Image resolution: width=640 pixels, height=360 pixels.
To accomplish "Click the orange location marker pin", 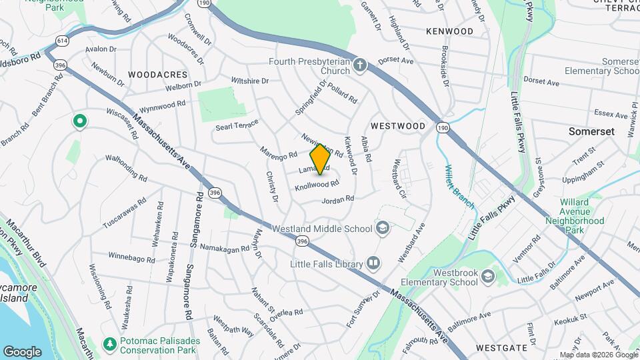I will pos(320,159).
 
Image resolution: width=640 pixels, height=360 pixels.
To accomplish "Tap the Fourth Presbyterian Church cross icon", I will pos(360,65).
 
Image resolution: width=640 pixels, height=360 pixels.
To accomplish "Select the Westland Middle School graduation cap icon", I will pos(383,229).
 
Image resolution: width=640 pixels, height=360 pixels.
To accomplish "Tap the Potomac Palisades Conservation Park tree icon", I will pos(110,343).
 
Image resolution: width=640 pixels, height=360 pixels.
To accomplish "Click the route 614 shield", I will pos(63,41).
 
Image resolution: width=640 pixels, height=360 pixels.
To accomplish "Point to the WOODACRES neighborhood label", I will pos(158,75).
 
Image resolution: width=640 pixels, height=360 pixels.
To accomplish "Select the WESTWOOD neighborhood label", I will pos(398,125).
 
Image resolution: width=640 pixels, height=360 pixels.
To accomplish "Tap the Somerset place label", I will pos(591,131).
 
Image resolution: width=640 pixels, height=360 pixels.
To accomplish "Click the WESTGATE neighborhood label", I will pos(502,347).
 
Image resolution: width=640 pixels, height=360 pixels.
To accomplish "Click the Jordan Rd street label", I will pos(337,199).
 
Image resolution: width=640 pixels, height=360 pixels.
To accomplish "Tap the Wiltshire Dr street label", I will pos(249,81).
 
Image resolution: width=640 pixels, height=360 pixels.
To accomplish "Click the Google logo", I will pos(22,351).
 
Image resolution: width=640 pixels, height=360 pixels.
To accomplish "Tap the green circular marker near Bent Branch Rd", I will pos(79,121).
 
